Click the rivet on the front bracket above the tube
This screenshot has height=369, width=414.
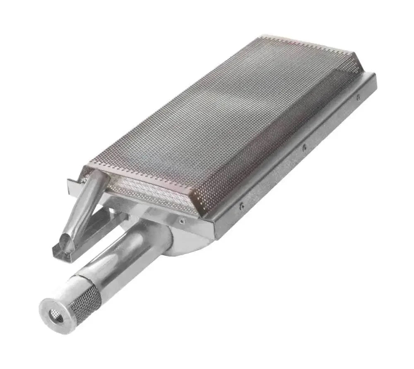(182, 221)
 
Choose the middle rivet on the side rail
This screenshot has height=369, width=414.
(304, 147)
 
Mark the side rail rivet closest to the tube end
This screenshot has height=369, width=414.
(242, 205)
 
